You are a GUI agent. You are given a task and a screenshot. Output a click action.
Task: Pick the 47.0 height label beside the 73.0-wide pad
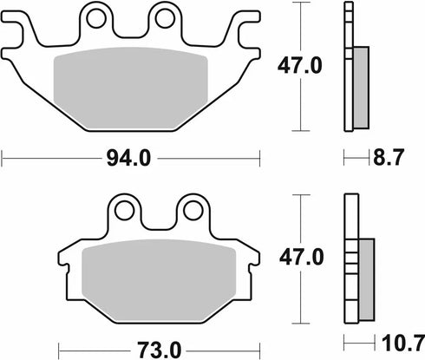[x=300, y=258]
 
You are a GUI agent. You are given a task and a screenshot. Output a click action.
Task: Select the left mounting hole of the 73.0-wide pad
[x=127, y=209]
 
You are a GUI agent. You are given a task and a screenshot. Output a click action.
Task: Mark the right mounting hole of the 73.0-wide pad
[x=191, y=209]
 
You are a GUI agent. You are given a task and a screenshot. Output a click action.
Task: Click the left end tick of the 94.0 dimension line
[x=3, y=158]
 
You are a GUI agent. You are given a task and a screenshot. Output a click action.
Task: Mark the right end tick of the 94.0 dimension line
[x=260, y=158]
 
